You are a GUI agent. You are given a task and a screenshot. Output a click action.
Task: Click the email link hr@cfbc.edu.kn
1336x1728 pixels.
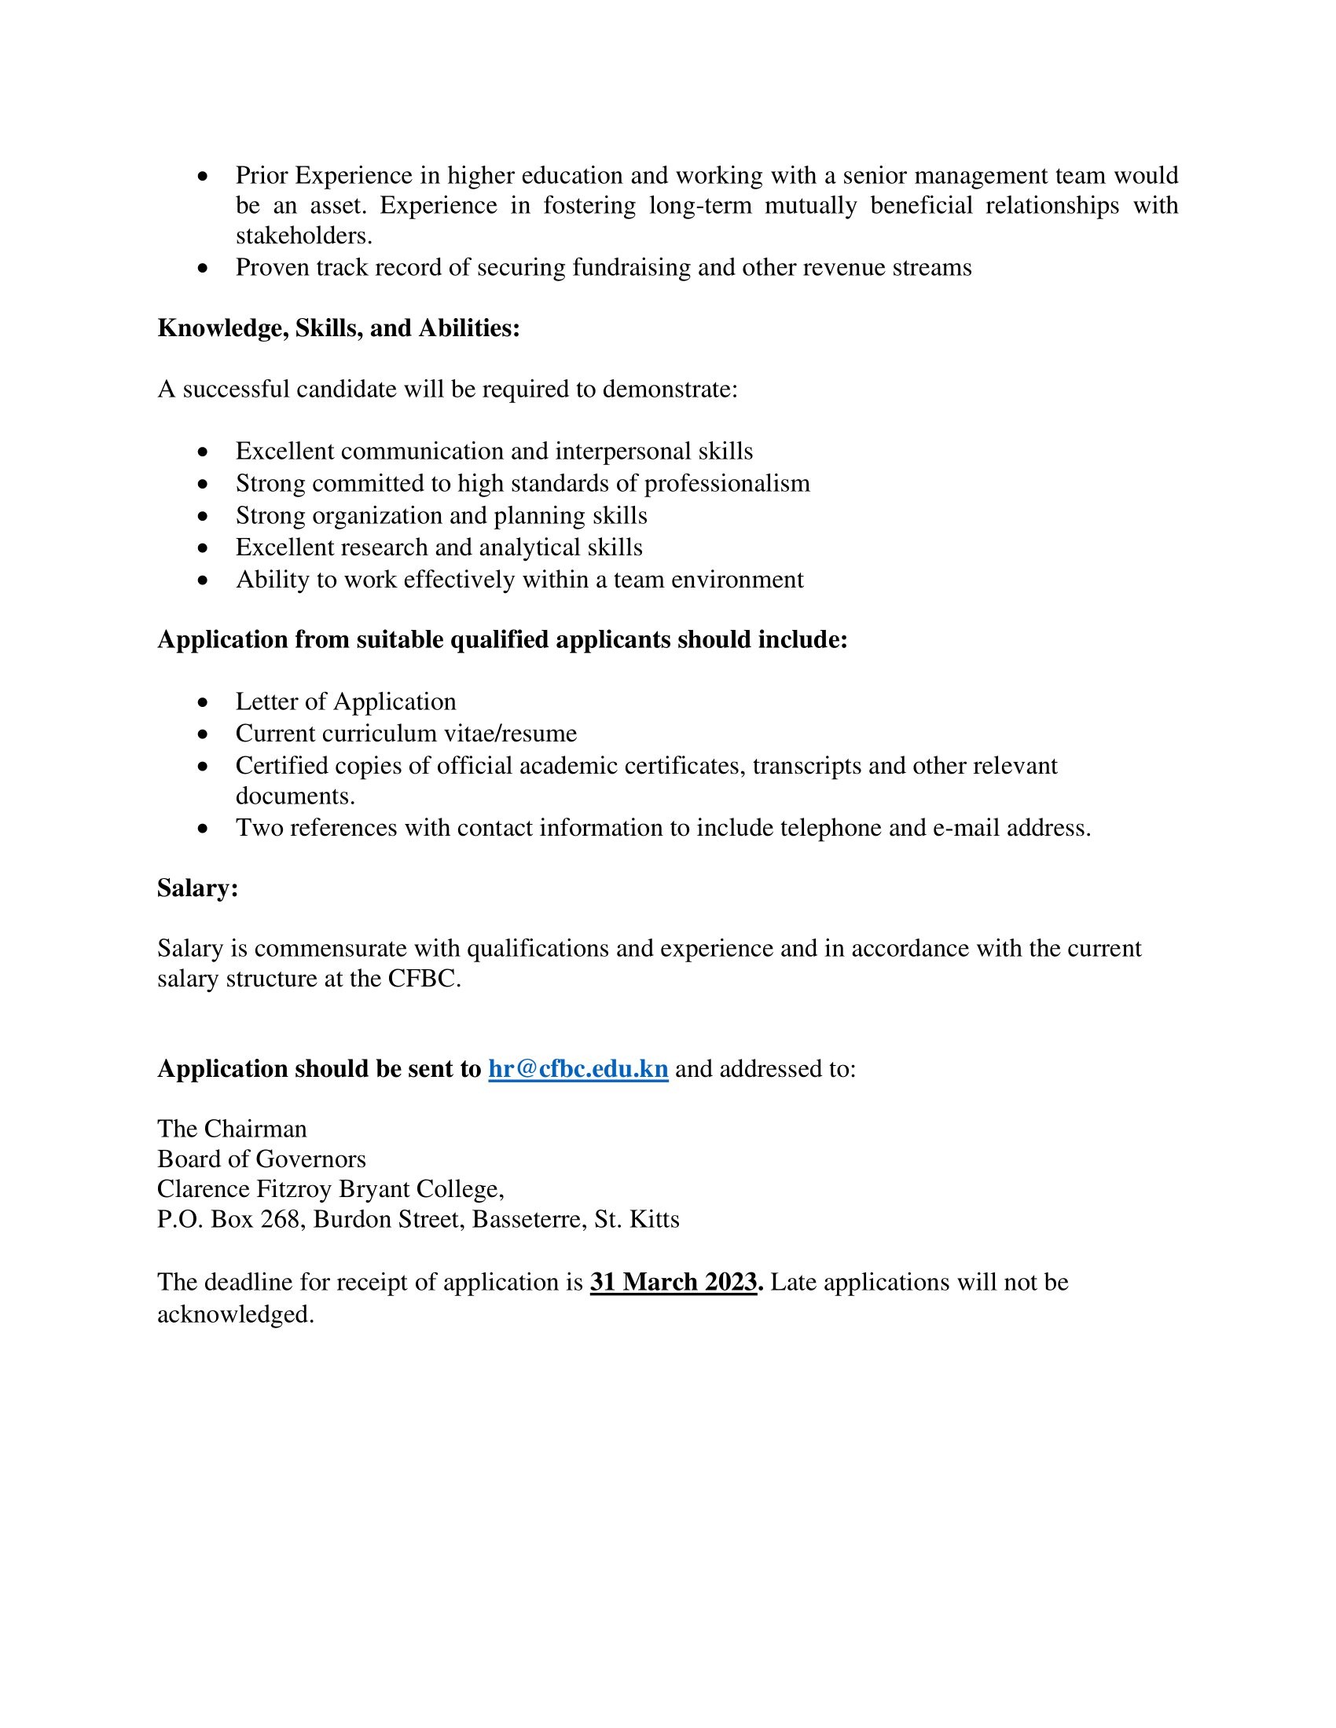pos(578,1069)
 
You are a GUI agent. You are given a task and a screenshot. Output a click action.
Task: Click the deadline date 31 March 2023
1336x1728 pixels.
pos(674,1282)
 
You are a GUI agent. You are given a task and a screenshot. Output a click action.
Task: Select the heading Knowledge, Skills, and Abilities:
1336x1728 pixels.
pos(339,328)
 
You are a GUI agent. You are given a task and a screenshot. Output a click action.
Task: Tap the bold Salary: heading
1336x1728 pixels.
pos(198,888)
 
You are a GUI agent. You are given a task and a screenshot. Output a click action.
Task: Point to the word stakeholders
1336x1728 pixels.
pos(303,236)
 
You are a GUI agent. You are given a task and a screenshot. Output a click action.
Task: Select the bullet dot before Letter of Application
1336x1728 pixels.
pos(204,703)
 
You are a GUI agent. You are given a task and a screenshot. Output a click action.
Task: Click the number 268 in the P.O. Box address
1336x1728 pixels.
pos(280,1219)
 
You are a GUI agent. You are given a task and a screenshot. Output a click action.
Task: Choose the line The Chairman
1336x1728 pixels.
pos(232,1128)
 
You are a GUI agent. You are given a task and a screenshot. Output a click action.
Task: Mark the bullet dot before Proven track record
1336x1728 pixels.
pos(204,269)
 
